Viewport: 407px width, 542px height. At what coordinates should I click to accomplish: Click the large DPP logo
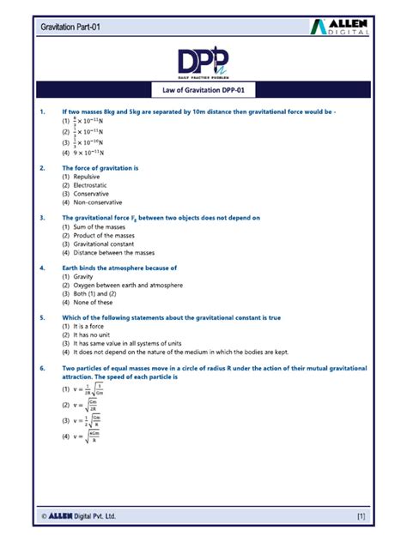203,63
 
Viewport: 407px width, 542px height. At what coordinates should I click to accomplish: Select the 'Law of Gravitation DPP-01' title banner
203,90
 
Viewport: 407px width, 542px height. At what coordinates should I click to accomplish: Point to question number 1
41,111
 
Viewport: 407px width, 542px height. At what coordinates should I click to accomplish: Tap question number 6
41,367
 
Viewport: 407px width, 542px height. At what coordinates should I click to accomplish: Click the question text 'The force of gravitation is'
100,168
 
